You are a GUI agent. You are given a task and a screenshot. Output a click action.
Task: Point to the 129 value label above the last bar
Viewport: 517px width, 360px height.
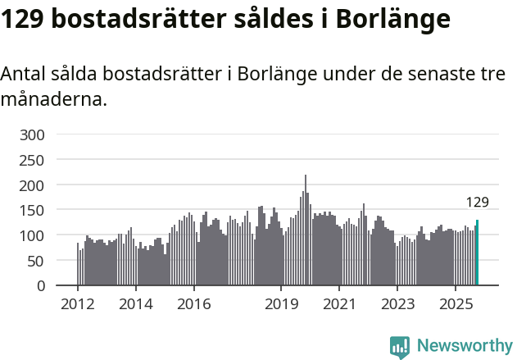[x=477, y=203]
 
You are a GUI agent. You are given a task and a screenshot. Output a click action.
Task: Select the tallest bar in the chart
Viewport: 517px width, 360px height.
[x=306, y=230]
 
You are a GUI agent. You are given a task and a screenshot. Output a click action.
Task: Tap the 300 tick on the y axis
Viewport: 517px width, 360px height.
[x=33, y=134]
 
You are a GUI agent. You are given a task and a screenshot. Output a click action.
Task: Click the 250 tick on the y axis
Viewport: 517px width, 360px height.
[x=33, y=160]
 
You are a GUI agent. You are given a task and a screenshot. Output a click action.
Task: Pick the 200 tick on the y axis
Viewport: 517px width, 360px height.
[x=33, y=185]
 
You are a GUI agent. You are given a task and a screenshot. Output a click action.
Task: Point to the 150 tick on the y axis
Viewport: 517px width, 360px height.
[x=33, y=211]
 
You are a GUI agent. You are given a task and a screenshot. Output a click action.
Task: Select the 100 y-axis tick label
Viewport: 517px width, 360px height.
[x=33, y=236]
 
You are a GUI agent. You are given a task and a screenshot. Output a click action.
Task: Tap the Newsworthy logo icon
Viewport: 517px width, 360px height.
[x=400, y=347]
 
